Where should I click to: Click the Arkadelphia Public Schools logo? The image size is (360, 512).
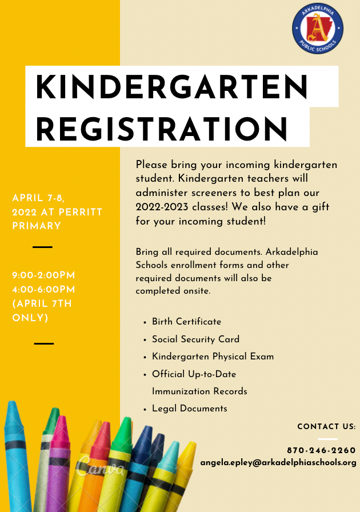(318, 29)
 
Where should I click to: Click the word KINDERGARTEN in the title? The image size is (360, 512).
(172, 87)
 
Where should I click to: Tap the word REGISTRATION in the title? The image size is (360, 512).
(162, 127)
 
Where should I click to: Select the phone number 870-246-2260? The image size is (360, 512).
(321, 450)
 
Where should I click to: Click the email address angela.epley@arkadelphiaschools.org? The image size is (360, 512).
(278, 462)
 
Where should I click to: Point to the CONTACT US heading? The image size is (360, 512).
(326, 427)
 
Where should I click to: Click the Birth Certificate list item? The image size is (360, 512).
(186, 322)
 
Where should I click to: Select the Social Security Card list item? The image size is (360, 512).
(195, 339)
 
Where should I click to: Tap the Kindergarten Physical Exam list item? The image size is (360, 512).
(213, 357)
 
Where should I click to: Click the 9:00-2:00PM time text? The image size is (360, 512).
(43, 276)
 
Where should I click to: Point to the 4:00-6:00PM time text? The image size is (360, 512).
(43, 290)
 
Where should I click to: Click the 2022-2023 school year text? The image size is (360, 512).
(163, 206)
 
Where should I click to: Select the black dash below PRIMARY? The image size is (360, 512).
(43, 247)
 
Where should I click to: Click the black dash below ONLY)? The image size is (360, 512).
(43, 343)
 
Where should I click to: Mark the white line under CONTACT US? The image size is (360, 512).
(327, 439)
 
